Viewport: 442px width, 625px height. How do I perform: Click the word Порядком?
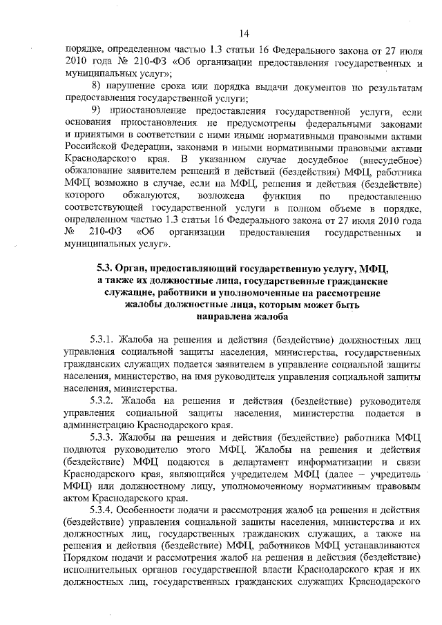[86, 558]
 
